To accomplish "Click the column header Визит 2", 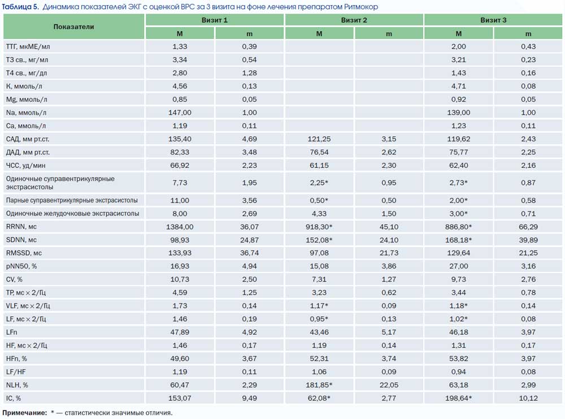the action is [x=354, y=20].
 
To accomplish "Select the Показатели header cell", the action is [x=73, y=27].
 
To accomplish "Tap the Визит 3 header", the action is [x=493, y=20].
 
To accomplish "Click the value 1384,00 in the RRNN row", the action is [x=180, y=227].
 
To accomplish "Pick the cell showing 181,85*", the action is [x=319, y=385].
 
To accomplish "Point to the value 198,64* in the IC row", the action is [x=458, y=399].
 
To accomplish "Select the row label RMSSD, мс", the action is [x=24, y=253].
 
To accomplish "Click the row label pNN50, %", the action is [x=21, y=266].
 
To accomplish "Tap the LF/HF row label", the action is [x=16, y=372].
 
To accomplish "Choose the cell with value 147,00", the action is [x=180, y=113].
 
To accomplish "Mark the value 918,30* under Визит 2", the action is [x=319, y=227].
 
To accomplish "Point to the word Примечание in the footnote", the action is [x=24, y=413].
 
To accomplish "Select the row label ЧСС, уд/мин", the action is [x=25, y=166].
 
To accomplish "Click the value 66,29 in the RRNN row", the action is [x=528, y=227].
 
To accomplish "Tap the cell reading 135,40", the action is [x=180, y=139].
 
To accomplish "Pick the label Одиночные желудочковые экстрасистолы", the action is [x=72, y=214].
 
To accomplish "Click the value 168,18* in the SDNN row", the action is [x=458, y=240].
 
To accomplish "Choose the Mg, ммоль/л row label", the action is [x=27, y=100].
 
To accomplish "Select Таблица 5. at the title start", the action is [x=20, y=7].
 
